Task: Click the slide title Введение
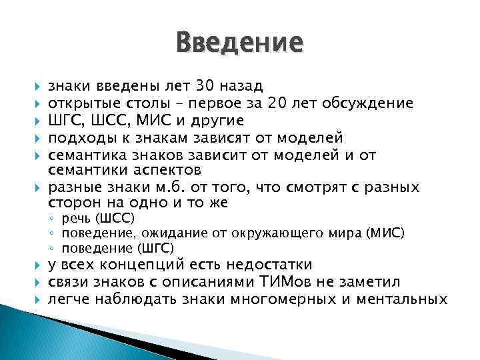239,43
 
